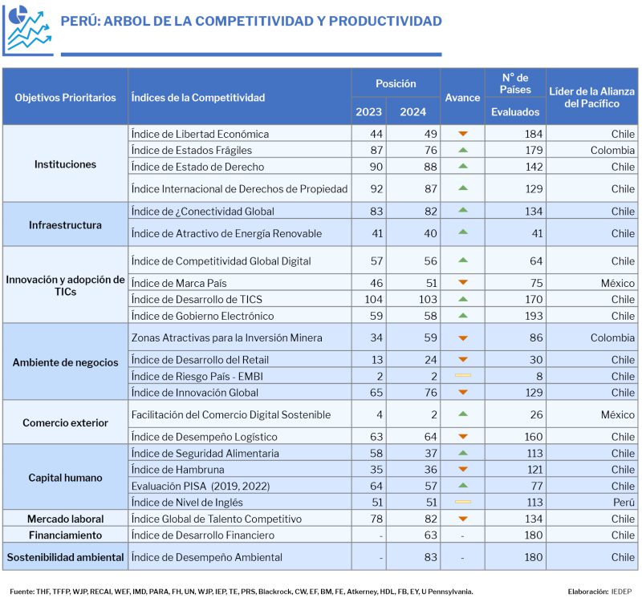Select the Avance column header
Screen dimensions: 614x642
coord(462,98)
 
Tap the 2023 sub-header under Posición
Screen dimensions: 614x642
coord(368,112)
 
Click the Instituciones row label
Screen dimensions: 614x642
coord(65,164)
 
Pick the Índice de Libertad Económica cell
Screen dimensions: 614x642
coord(200,134)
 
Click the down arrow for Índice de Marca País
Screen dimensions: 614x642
coord(462,283)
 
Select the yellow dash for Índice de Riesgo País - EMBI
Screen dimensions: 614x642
coord(462,376)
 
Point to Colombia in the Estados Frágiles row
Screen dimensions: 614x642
coord(612,151)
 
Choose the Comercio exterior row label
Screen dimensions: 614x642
coord(65,423)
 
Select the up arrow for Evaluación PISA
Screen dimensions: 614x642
coord(462,486)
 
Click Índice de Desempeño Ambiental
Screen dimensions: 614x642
coord(207,557)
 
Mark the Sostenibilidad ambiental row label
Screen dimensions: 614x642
coord(65,557)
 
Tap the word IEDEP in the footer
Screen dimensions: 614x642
coord(621,592)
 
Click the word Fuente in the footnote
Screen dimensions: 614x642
coord(22,592)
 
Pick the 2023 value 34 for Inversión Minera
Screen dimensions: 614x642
coord(375,338)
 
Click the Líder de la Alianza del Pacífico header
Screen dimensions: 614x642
coord(591,97)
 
